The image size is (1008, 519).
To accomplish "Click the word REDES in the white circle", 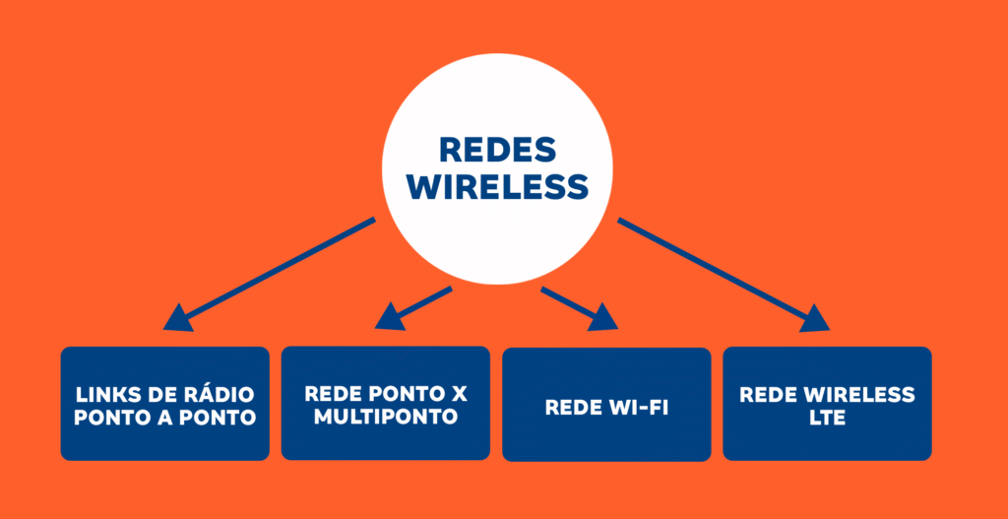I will point(497,151).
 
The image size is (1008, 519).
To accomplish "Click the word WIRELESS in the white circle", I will point(497,186).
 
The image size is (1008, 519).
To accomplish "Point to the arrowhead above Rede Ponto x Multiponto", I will point(391,315).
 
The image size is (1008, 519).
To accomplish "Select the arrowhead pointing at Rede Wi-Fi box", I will point(602,317).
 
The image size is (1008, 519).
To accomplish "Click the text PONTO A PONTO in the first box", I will point(164,418).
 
